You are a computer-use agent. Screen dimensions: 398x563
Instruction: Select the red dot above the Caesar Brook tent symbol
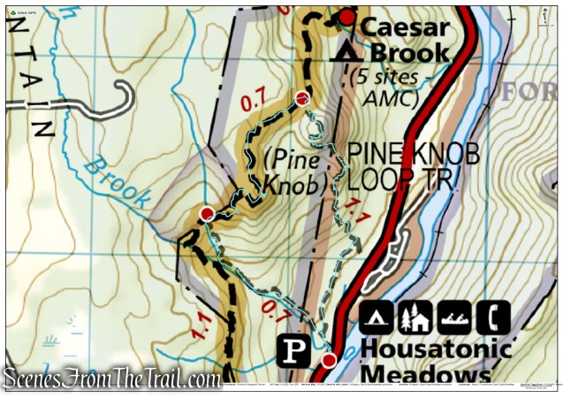(347, 17)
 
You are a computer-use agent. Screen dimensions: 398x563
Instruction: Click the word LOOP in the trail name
(377, 180)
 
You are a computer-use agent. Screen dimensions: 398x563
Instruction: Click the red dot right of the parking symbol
(329, 360)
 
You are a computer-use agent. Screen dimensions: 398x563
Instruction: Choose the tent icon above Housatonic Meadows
(377, 316)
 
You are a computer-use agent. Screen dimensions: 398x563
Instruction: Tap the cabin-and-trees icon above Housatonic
(415, 316)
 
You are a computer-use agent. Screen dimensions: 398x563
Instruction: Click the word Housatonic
(435, 348)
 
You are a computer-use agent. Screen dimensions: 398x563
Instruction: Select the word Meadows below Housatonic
(425, 375)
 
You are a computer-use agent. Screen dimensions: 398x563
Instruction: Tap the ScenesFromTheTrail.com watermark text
(111, 379)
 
